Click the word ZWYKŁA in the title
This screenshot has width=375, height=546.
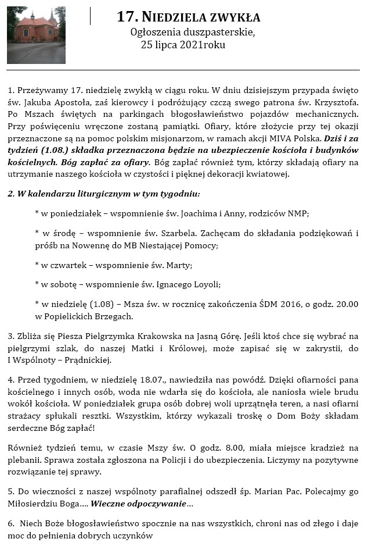[230, 17]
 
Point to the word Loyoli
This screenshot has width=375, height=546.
[207, 284]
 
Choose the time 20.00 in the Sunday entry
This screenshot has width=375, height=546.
[347, 304]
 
